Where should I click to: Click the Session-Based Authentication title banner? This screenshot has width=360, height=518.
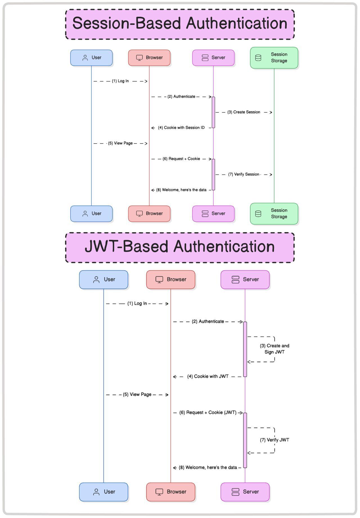[180, 24]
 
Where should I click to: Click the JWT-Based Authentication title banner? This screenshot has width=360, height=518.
[180, 247]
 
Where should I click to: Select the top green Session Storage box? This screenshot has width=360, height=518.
[274, 58]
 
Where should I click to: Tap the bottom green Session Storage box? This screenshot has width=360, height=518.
[274, 214]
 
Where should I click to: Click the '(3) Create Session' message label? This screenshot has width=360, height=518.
[244, 112]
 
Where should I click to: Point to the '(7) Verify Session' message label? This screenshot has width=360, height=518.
[244, 174]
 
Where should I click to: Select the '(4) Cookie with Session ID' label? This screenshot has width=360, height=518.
[181, 128]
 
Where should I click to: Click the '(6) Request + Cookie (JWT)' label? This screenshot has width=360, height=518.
[208, 412]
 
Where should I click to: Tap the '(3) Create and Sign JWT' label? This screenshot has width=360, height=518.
[274, 349]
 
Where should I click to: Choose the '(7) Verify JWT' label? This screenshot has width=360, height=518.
[274, 440]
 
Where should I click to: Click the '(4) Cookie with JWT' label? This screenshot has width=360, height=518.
[208, 376]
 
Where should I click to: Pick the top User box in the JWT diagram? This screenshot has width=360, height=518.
[103, 280]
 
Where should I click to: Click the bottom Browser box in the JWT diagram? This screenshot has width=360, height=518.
[170, 492]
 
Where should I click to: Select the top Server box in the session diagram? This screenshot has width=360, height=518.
[213, 58]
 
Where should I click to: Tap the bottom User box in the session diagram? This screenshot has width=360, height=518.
[91, 214]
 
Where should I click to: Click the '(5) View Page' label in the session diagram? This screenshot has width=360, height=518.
[120, 143]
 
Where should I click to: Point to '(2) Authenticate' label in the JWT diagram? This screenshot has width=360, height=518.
[208, 321]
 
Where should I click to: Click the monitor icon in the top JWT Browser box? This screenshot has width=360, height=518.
[159, 280]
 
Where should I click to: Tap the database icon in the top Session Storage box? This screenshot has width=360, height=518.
[258, 58]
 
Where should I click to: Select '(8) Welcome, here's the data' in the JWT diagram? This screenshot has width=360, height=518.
[208, 467]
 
